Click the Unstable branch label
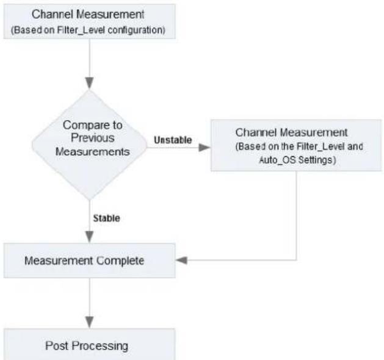click(173, 140)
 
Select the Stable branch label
click(106, 218)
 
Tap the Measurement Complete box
click(89, 261)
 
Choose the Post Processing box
click(89, 344)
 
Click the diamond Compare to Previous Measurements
click(89, 145)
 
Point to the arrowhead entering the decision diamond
click(89, 83)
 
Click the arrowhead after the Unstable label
click(205, 148)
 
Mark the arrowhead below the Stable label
click(89, 237)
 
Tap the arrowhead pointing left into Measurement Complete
click(182, 260)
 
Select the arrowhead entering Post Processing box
click(89, 322)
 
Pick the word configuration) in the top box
click(136, 31)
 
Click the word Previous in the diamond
click(93, 138)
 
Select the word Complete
click(120, 261)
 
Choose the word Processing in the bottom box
click(100, 347)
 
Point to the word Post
click(57, 345)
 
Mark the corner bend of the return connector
click(297, 260)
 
